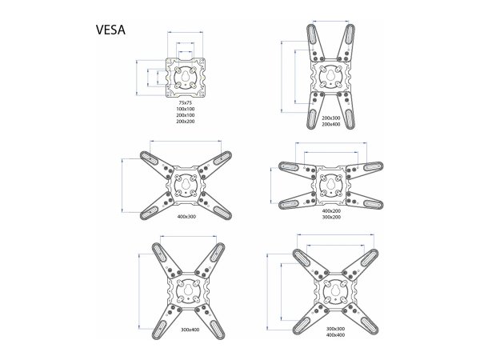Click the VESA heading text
[x=110, y=30]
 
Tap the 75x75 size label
[x=186, y=102]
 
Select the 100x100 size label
[x=186, y=109]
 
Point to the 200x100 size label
[x=186, y=115]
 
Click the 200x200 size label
[x=186, y=122]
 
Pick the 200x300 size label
[x=331, y=118]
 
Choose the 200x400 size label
[x=331, y=124]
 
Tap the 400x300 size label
[x=186, y=217]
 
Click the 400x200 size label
[x=331, y=210]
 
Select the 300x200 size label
[x=331, y=217]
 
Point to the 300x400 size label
[x=190, y=330]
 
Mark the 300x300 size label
[x=335, y=329]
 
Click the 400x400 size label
[x=335, y=335]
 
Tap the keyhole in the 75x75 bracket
[x=186, y=76]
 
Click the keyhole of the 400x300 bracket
[x=186, y=185]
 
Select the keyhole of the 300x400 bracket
[x=189, y=290]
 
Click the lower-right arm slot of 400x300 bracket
[x=222, y=212]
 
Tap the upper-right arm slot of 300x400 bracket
[x=217, y=253]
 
